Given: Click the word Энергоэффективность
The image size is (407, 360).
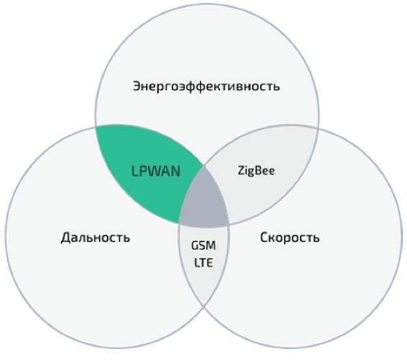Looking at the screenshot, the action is pyautogui.click(x=206, y=86).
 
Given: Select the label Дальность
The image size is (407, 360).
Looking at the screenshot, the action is pyautogui.click(x=96, y=237).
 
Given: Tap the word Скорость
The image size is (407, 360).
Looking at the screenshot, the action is pyautogui.click(x=290, y=237).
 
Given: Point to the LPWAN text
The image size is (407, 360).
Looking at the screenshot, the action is pyautogui.click(x=156, y=172).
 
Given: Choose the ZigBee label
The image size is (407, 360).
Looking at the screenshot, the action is pyautogui.click(x=256, y=171).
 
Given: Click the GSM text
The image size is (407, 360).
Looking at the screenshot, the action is pyautogui.click(x=203, y=246).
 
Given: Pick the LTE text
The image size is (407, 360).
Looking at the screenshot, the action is pyautogui.click(x=203, y=263).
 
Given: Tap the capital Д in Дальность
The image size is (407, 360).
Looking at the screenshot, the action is pyautogui.click(x=66, y=238).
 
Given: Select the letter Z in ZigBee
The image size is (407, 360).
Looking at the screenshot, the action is pyautogui.click(x=241, y=171).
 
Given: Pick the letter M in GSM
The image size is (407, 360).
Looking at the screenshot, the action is pyautogui.click(x=211, y=246).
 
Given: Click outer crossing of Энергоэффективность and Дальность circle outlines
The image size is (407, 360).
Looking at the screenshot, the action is pyautogui.click(x=96, y=127).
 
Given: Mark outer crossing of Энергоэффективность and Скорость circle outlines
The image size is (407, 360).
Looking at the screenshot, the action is pyautogui.click(x=318, y=127).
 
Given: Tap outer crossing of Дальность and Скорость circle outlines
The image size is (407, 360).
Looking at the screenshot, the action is pyautogui.click(x=204, y=306).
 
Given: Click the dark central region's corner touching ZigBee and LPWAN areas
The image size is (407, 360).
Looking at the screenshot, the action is pyautogui.click(x=203, y=166).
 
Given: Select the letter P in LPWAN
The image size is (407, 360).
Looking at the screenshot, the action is pyautogui.click(x=144, y=172).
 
